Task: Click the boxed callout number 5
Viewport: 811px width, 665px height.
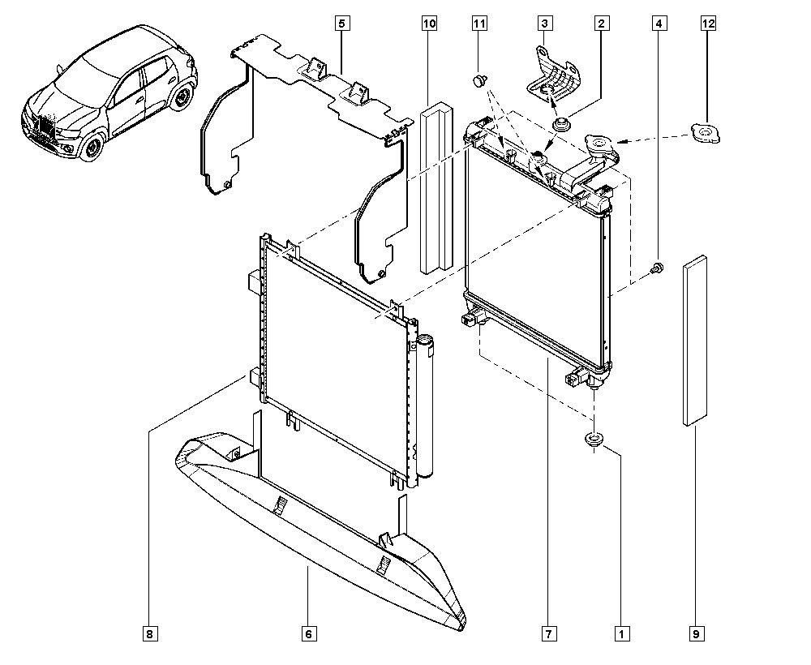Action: (x=342, y=24)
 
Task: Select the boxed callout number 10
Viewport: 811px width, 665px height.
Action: (x=429, y=24)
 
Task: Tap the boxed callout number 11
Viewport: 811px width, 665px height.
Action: (x=479, y=24)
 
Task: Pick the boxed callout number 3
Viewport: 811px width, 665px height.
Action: (x=544, y=24)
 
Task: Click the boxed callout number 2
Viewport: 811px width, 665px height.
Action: (x=601, y=24)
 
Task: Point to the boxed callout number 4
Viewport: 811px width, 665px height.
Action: (x=659, y=24)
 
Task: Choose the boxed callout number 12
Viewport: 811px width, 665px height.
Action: (x=708, y=24)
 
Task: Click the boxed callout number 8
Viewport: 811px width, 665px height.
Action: (x=150, y=633)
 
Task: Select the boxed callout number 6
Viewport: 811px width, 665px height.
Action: (x=308, y=633)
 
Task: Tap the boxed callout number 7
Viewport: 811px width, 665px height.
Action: (x=549, y=633)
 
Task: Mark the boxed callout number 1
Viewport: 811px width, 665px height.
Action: (x=622, y=633)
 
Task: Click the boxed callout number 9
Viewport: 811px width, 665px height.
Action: (x=696, y=633)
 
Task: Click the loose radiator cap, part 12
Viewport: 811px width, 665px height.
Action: (x=706, y=134)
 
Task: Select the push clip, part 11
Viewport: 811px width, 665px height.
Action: (x=480, y=80)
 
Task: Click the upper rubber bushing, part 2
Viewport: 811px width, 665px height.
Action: (x=560, y=125)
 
